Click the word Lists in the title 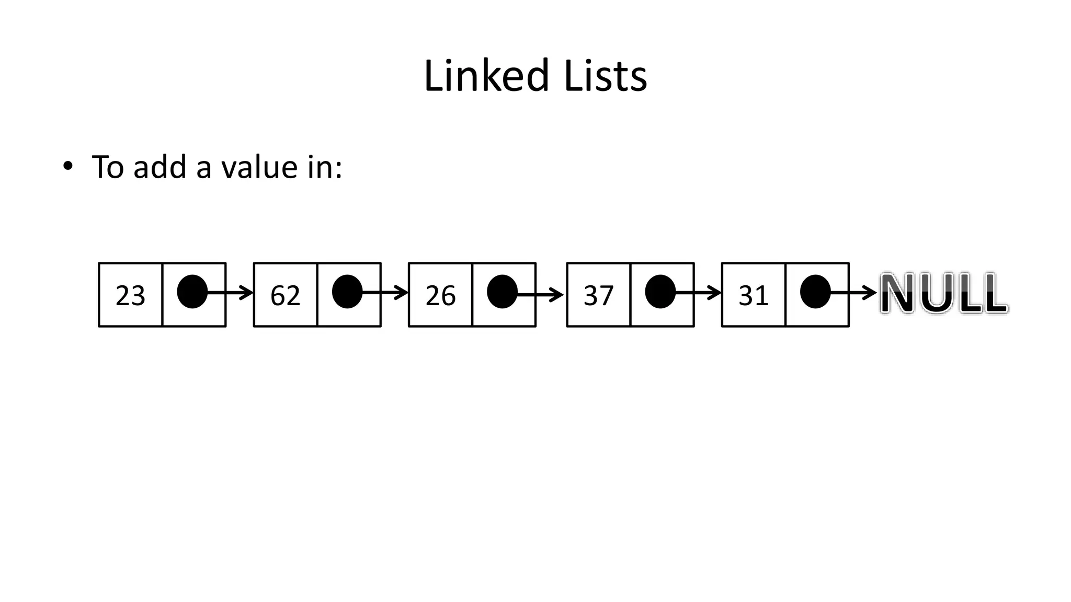click(x=605, y=76)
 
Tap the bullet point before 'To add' click(x=67, y=167)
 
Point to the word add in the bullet click(x=159, y=167)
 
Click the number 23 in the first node click(x=130, y=296)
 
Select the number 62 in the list click(x=285, y=296)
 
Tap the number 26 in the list click(x=440, y=296)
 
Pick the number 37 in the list click(x=598, y=296)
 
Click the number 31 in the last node click(x=754, y=296)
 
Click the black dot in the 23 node click(x=192, y=292)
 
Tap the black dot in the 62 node click(x=347, y=292)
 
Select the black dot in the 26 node click(x=502, y=292)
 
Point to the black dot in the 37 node click(x=660, y=292)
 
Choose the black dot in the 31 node click(x=815, y=292)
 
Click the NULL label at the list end click(x=944, y=293)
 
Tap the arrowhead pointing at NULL click(x=870, y=293)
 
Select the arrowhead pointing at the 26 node click(x=402, y=293)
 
